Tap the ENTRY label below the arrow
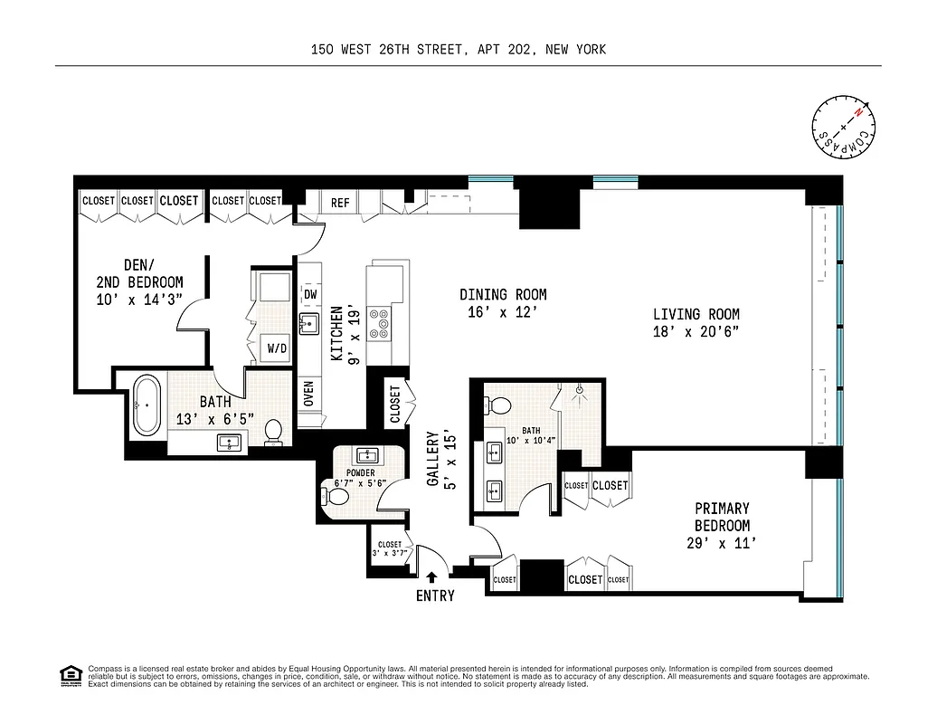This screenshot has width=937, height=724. (x=435, y=595)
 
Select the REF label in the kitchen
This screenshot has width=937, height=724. (x=340, y=203)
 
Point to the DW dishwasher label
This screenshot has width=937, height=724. (x=310, y=294)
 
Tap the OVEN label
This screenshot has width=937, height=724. (x=309, y=394)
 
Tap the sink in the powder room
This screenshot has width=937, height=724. (x=367, y=455)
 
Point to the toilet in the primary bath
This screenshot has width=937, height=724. (x=500, y=405)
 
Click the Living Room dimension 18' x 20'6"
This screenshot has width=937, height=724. (x=696, y=331)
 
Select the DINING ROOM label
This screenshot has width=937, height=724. (x=503, y=294)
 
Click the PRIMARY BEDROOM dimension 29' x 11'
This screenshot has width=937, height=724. (x=721, y=543)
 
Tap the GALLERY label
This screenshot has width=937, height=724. (x=432, y=458)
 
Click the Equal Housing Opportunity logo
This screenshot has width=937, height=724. (x=69, y=675)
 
